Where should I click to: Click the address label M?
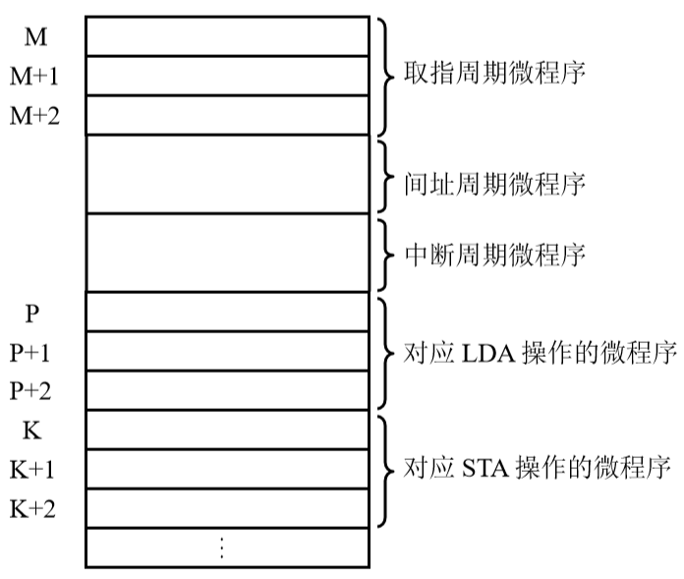(x=35, y=37)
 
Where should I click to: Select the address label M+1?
(x=34, y=77)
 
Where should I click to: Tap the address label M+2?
(x=34, y=116)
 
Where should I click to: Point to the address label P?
(x=32, y=314)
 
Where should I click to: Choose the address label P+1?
(x=29, y=353)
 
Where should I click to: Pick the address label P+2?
(x=30, y=391)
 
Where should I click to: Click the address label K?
(x=31, y=431)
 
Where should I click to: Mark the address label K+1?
(x=31, y=470)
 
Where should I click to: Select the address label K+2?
(x=32, y=509)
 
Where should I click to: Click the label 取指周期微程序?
(x=494, y=73)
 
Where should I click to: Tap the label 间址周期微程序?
(x=494, y=184)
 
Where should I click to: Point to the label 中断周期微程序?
(x=494, y=255)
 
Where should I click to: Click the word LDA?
(x=488, y=354)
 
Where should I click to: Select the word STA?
(x=485, y=469)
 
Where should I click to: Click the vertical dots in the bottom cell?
(x=222, y=548)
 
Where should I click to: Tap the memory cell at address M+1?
(x=228, y=76)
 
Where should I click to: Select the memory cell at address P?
(x=228, y=312)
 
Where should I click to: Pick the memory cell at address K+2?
(x=228, y=508)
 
